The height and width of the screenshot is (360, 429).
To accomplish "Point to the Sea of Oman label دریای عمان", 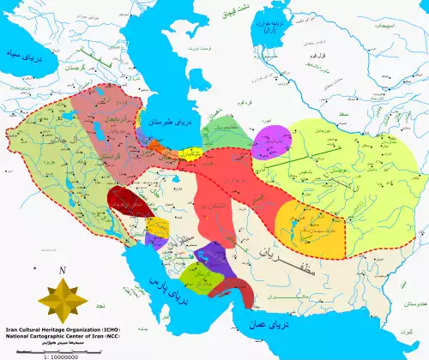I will tap(267, 327).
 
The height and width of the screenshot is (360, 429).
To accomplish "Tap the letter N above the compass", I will tap(63, 272).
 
